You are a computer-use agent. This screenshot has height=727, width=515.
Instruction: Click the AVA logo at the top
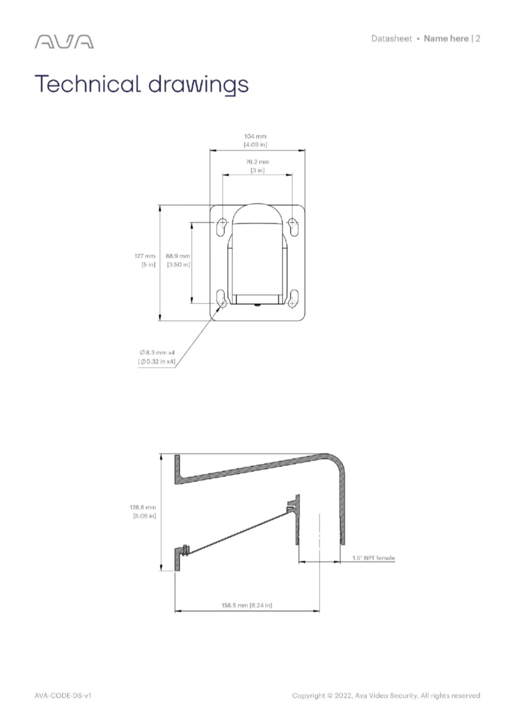pos(64,42)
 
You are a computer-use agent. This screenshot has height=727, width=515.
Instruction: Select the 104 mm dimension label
pos(255,136)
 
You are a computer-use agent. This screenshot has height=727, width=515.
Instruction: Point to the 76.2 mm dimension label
pos(257,162)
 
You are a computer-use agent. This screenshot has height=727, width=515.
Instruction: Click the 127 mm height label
pos(145,256)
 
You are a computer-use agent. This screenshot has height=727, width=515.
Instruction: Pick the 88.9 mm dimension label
pos(178,256)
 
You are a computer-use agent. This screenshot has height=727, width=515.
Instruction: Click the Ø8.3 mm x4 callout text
pos(157,353)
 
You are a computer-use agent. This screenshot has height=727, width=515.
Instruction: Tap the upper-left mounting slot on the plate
pos(222,227)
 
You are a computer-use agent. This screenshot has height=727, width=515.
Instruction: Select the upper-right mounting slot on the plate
pos(293,227)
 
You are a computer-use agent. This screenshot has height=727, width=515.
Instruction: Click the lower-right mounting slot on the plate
pos(293,298)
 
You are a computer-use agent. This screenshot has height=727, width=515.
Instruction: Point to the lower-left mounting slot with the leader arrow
pos(222,298)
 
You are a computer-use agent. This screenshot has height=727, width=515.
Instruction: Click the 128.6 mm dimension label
pos(143,507)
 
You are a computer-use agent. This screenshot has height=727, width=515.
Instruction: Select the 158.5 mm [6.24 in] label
pos(247,605)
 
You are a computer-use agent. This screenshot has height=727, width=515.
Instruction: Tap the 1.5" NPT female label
pos(374,558)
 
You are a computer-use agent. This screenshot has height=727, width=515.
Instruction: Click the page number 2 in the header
pos(478,39)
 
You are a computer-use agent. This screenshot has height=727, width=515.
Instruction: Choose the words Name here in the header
pos(446,39)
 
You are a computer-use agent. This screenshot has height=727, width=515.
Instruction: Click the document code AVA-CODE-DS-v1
pos(63,696)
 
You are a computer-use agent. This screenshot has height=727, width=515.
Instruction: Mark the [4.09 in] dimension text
pos(255,144)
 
